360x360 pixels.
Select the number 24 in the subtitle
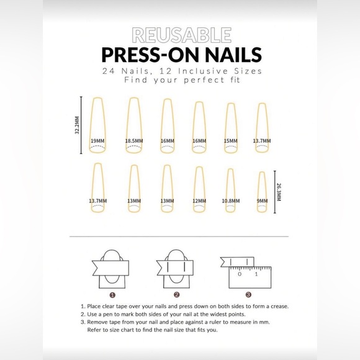[x=112, y=71]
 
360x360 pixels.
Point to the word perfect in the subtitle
[x=192, y=80]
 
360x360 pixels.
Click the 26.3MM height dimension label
[x=279, y=191]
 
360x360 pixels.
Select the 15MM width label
[x=230, y=141]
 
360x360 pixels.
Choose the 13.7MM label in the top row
[x=262, y=141]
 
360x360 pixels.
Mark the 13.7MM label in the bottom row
[x=97, y=201]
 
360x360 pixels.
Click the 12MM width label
[x=199, y=201]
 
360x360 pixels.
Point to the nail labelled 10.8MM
[x=230, y=192]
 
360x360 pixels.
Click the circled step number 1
[x=112, y=295]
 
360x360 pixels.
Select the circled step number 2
[x=176, y=295]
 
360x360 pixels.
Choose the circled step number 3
[x=248, y=295]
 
